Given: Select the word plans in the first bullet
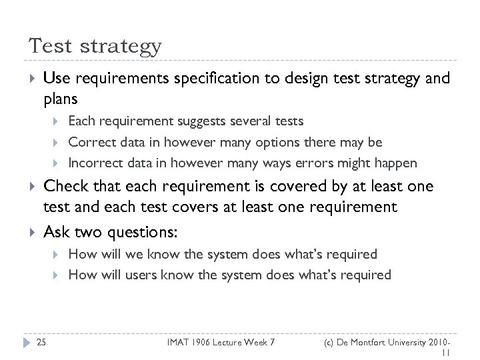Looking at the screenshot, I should pyautogui.click(x=60, y=99).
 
